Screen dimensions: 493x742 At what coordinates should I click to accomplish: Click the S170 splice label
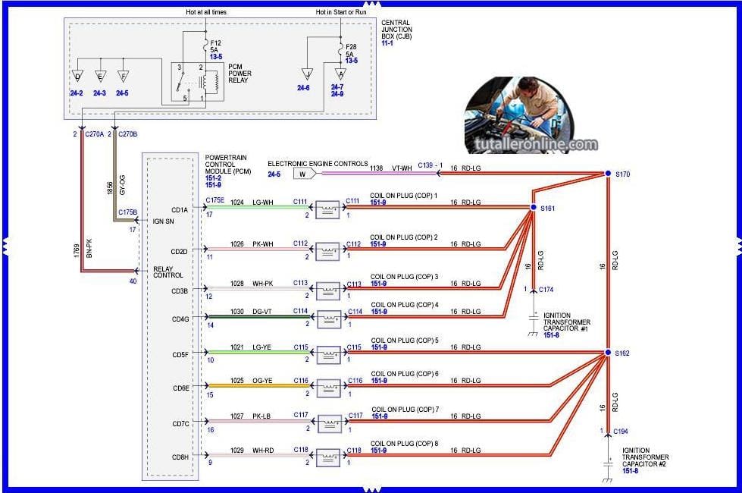623,174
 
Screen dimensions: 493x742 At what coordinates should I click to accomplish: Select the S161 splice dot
533,206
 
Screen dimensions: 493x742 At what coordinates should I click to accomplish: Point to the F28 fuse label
351,47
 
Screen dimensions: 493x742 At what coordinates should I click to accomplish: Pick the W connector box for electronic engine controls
303,174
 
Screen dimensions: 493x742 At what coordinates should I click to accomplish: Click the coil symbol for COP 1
328,207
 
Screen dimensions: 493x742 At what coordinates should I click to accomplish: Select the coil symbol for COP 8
328,457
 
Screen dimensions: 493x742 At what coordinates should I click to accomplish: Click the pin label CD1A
180,211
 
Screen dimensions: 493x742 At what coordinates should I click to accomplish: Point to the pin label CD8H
180,457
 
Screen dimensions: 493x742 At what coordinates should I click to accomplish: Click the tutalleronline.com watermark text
535,144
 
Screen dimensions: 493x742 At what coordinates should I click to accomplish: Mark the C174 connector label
546,290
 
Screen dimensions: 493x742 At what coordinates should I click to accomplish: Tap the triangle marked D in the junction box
77,76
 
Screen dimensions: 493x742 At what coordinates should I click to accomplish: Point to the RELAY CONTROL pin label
167,272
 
